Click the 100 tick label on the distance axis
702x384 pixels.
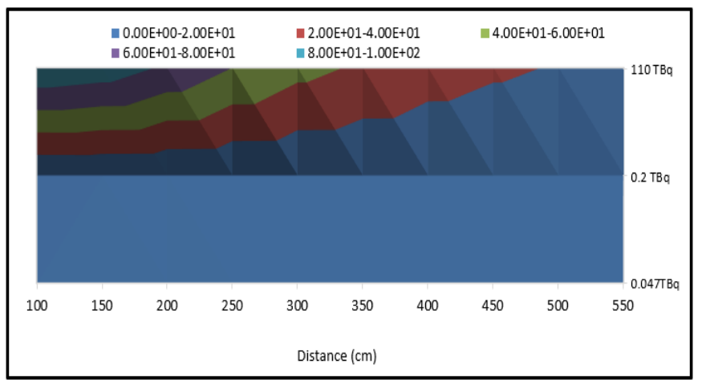[37, 305]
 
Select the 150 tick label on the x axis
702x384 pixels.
[102, 305]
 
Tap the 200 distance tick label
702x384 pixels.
[167, 305]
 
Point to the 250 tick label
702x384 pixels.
[232, 305]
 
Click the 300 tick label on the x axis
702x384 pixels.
[297, 305]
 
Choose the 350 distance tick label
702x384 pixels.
[362, 305]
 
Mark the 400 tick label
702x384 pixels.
[428, 305]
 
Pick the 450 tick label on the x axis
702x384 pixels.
[493, 305]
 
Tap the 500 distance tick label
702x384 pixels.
[558, 305]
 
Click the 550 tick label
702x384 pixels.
[623, 305]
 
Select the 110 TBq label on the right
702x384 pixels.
[652, 70]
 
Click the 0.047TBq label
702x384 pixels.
[655, 284]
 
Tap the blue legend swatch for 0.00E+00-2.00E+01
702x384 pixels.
[116, 33]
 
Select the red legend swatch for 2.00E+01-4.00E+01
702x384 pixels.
[300, 33]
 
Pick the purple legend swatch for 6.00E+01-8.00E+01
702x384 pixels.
[116, 52]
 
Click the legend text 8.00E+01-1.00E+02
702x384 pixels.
[364, 52]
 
